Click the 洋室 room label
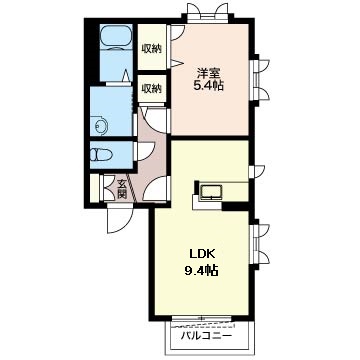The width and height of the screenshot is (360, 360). click(208, 73)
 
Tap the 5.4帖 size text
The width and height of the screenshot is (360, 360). click(208, 86)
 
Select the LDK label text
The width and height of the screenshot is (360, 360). click(202, 255)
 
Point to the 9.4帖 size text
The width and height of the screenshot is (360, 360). click(201, 269)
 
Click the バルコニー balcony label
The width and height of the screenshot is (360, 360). click(206, 336)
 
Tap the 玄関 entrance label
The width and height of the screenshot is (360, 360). click(122, 188)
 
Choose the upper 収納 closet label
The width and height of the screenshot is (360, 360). click(152, 49)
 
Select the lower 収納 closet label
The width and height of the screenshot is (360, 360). click(152, 89)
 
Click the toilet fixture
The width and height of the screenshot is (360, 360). click(101, 155)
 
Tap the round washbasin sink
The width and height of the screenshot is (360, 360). click(101, 126)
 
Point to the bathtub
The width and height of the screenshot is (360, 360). click(116, 37)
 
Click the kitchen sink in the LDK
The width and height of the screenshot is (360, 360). click(211, 193)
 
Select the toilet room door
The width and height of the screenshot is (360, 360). click(144, 152)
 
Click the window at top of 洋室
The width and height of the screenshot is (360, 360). click(209, 13)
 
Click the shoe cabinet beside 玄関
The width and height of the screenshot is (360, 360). click(95, 188)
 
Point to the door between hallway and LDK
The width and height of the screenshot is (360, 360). click(156, 189)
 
